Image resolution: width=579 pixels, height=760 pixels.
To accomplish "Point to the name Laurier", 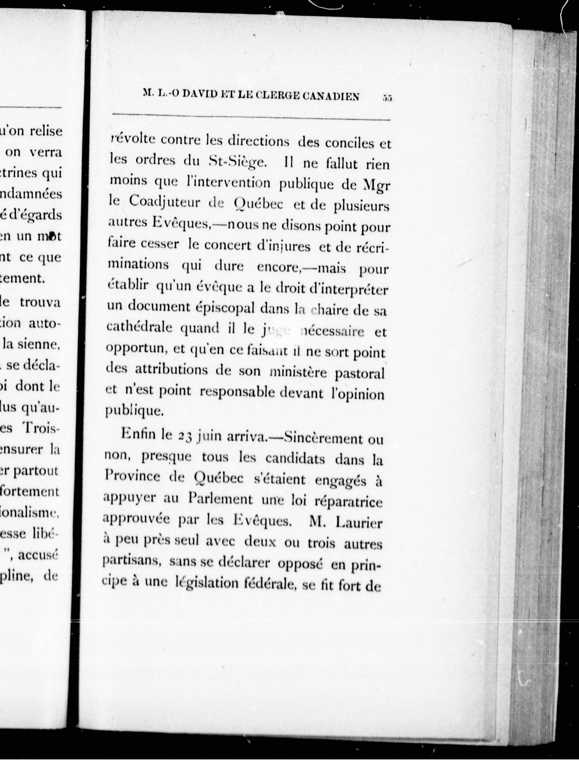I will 359,523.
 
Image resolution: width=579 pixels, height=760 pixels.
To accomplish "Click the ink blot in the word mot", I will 52,236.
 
